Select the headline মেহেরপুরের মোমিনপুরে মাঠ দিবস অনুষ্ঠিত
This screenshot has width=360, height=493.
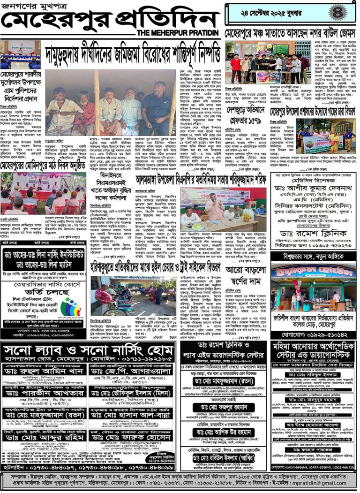click(x=43, y=167)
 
